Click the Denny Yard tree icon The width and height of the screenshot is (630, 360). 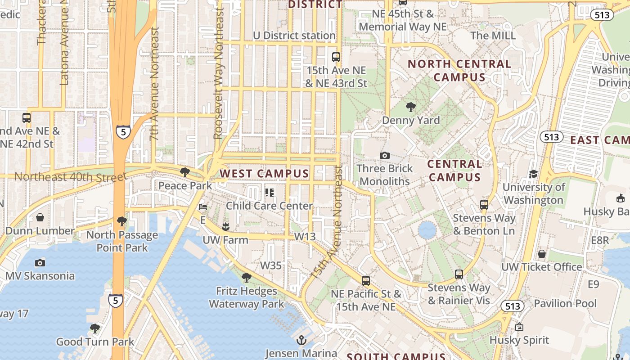pyautogui.click(x=410, y=107)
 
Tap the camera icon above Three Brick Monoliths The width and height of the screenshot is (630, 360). pyautogui.click(x=384, y=155)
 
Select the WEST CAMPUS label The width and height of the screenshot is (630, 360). pyautogui.click(x=264, y=173)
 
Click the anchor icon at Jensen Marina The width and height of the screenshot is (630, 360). pyautogui.click(x=301, y=340)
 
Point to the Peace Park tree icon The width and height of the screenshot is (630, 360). pyautogui.click(x=184, y=172)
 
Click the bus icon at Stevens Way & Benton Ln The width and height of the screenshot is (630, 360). pyautogui.click(x=484, y=204)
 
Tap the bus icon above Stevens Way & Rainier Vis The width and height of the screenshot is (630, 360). pyautogui.click(x=459, y=274)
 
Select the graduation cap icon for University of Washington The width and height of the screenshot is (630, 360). pyautogui.click(x=533, y=174)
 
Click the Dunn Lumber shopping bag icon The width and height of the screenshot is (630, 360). pyautogui.click(x=40, y=217)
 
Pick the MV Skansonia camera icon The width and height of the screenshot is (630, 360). pyautogui.click(x=40, y=263)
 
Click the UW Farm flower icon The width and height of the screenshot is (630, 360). pyautogui.click(x=225, y=226)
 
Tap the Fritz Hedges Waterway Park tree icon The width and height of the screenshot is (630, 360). pyautogui.click(x=246, y=277)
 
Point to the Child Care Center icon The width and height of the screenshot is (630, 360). pyautogui.click(x=270, y=193)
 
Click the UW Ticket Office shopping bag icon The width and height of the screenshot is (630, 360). pyautogui.click(x=542, y=254)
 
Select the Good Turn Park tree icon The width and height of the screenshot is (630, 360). pyautogui.click(x=94, y=328)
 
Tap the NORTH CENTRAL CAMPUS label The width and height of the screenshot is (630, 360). pyautogui.click(x=459, y=70)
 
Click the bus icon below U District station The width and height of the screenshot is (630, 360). pyautogui.click(x=336, y=57)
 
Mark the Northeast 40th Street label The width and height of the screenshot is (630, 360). pyautogui.click(x=70, y=176)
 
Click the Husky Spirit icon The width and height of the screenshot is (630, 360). pyautogui.click(x=519, y=327)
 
